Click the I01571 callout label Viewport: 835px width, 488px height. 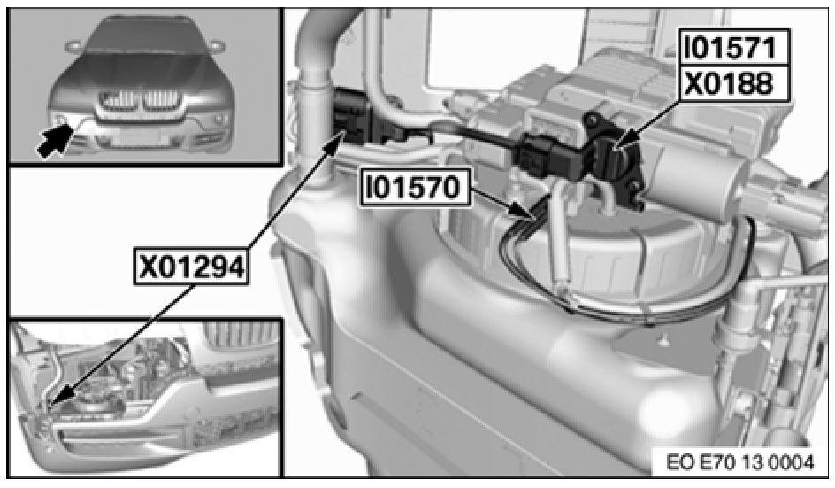[x=729, y=47]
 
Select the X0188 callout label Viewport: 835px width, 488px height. [x=729, y=84]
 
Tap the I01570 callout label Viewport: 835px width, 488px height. [x=415, y=187]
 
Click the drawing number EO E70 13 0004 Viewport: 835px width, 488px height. [x=739, y=461]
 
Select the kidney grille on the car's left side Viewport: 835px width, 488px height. [x=161, y=98]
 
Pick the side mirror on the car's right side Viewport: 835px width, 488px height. [x=72, y=46]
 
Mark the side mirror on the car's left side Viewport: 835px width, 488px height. [x=214, y=46]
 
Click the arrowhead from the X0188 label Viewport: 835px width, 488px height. [x=620, y=143]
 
